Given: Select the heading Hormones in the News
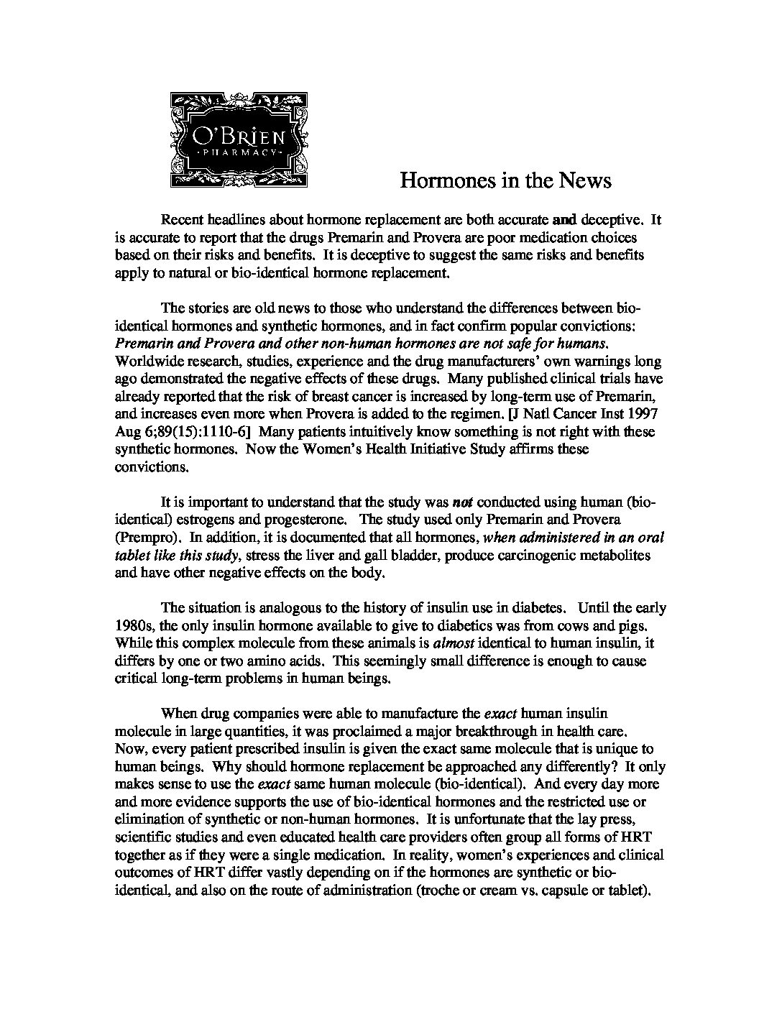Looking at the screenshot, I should (505, 180).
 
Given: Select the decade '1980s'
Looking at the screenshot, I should (133, 625).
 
